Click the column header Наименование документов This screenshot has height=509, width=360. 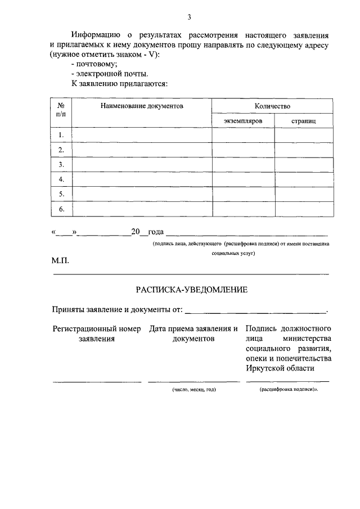tap(142, 106)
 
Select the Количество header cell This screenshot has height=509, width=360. tap(272, 106)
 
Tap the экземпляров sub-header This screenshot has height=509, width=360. tap(243, 120)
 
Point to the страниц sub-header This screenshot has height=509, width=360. tap(304, 120)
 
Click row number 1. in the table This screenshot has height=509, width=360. tap(62, 135)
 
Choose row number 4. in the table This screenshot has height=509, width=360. tap(62, 179)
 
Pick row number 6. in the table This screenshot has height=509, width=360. tap(62, 209)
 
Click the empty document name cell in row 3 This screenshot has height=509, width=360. tap(142, 164)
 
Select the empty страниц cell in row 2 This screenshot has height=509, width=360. tap(304, 150)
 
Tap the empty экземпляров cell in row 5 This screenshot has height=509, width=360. tap(243, 194)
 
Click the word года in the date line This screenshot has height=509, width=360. tap(155, 231)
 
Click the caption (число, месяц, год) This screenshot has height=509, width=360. tap(194, 389)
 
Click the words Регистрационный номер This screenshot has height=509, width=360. tap(97, 328)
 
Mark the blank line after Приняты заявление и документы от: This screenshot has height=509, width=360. tap(256, 311)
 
